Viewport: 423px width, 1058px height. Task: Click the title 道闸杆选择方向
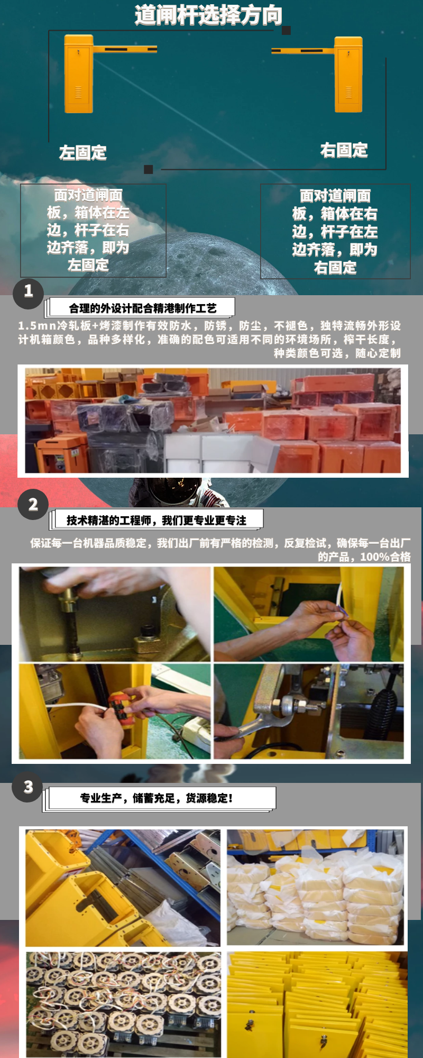(x=208, y=15)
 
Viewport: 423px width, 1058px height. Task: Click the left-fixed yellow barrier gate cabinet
(x=79, y=74)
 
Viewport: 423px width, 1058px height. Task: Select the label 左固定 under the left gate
(x=83, y=153)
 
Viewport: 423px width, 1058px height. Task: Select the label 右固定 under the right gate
(x=344, y=151)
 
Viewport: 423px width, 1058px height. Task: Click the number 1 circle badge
(x=28, y=291)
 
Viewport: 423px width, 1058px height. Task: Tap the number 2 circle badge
(x=33, y=505)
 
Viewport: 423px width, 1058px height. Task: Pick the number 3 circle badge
(x=28, y=787)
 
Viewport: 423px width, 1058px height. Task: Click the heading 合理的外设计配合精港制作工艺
(x=142, y=308)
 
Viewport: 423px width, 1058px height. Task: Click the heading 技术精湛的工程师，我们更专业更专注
(x=157, y=521)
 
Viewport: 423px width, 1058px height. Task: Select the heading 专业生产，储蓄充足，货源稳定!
(x=157, y=798)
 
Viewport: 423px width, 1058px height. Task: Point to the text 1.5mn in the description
(x=36, y=326)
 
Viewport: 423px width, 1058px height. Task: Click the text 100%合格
(x=385, y=557)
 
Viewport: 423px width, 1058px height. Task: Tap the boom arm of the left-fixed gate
(x=125, y=50)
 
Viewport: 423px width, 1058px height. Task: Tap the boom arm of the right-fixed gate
(x=302, y=51)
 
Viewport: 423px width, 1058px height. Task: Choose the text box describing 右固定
(x=335, y=232)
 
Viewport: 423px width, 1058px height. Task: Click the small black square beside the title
(x=286, y=31)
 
